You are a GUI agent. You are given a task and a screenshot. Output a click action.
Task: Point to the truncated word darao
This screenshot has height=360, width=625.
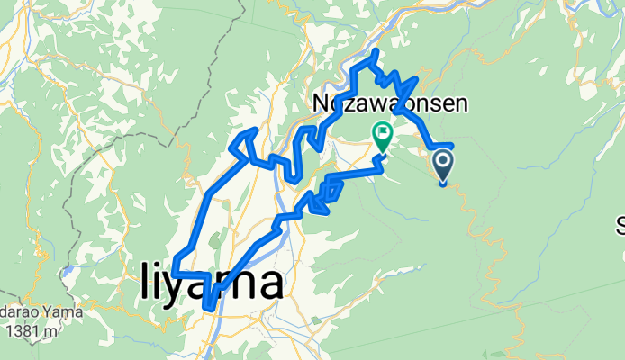pyautogui.click(x=19, y=313)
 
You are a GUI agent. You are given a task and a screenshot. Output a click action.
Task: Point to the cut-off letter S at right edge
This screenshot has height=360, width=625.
pyautogui.click(x=620, y=223)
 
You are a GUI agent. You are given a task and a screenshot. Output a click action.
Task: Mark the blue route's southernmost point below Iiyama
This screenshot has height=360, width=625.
pyautogui.click(x=209, y=308)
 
